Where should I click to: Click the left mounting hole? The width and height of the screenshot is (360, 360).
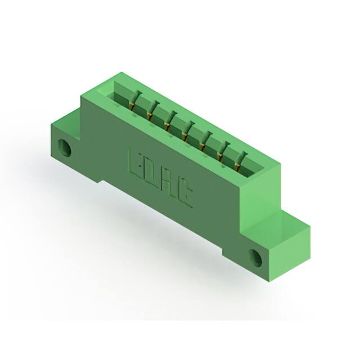tap(66, 149)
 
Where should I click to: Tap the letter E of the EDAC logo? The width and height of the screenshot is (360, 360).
tap(136, 164)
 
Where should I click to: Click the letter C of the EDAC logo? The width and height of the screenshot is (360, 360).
tap(186, 197)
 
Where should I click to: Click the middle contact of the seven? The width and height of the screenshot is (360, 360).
tap(187, 129)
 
